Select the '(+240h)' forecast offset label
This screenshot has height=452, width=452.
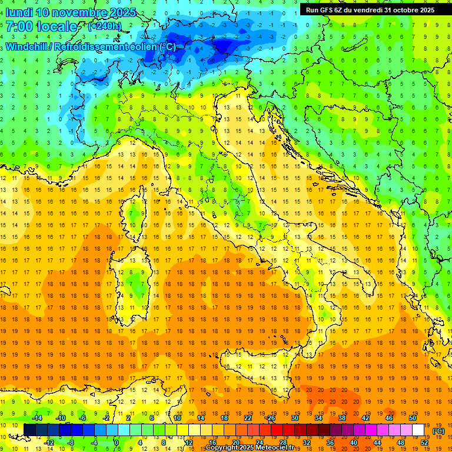point(105,26)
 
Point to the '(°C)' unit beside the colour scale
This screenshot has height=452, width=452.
point(439,431)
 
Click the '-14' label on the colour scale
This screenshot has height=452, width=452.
point(37,418)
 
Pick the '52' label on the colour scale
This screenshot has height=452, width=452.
point(424,443)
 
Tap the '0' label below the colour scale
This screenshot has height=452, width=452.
point(117,443)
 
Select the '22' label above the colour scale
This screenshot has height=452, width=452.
point(248,418)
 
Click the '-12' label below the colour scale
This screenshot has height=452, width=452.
point(49,443)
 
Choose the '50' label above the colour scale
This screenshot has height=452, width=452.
point(413,418)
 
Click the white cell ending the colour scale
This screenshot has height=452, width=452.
point(418,430)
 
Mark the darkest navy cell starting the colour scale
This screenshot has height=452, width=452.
point(29,430)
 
